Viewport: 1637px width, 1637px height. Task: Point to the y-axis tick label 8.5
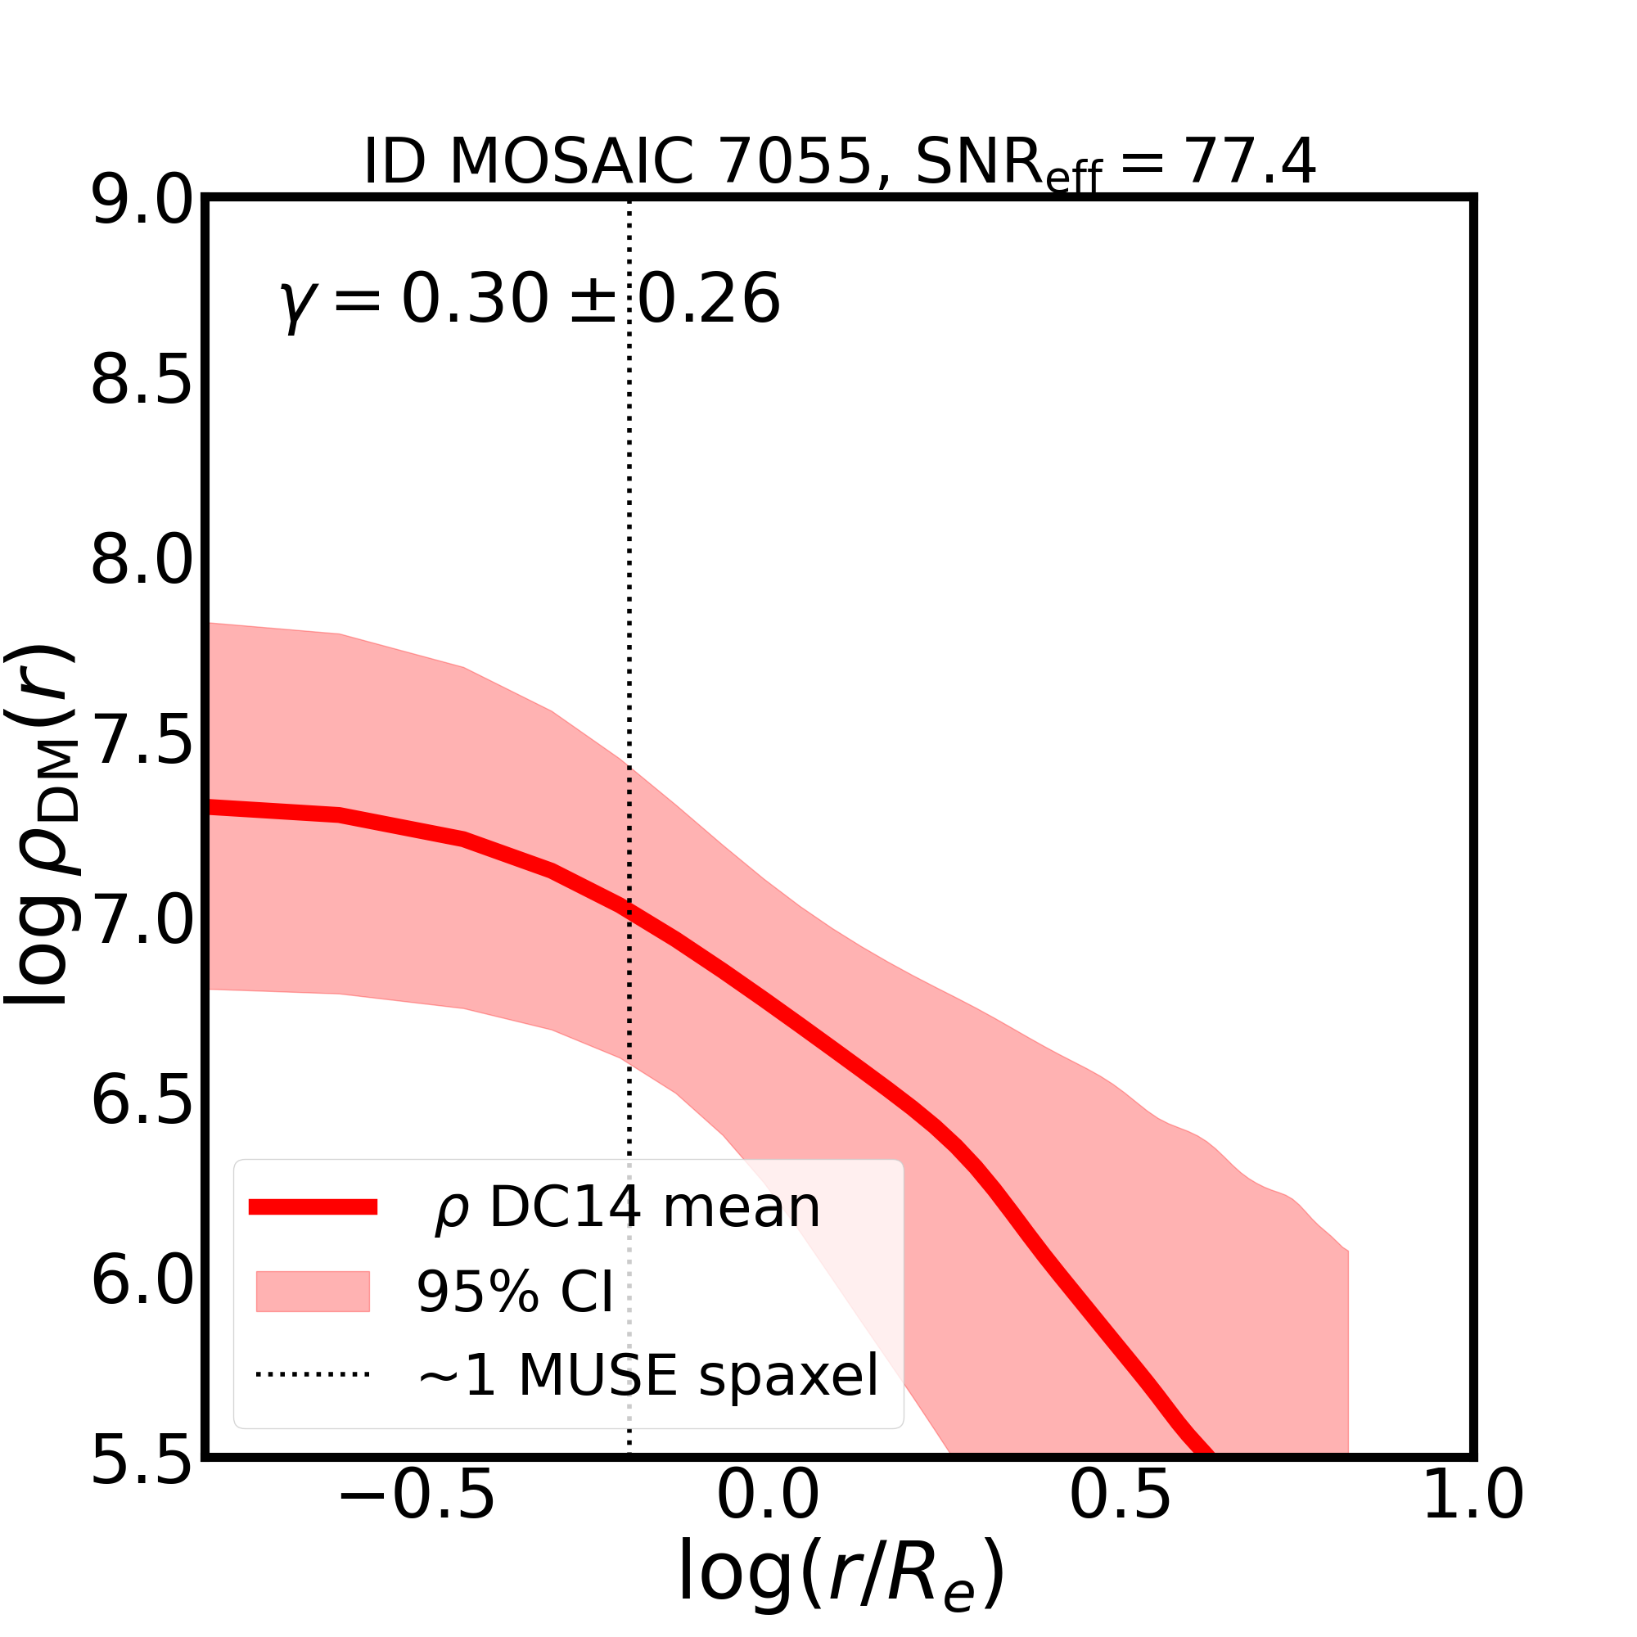pos(142,383)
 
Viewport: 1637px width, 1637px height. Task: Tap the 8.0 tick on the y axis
pos(142,562)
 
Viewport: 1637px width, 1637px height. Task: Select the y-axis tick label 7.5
pos(142,742)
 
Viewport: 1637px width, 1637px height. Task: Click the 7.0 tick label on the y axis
pos(142,922)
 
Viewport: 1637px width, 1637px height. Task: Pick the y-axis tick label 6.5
pos(142,1103)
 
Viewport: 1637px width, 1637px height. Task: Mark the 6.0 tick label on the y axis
pos(142,1282)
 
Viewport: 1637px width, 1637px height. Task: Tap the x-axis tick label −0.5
pos(416,1520)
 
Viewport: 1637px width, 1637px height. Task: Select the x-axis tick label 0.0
pos(768,1520)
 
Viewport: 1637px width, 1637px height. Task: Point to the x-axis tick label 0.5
pos(1121,1520)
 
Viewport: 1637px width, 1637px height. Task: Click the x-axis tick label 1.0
pos(1472,1520)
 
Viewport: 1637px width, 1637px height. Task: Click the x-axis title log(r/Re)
pos(841,1596)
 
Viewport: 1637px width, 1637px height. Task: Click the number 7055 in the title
pos(795,162)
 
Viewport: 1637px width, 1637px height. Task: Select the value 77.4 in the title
pos(1251,162)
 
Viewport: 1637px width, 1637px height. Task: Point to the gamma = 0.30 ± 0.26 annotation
pos(530,299)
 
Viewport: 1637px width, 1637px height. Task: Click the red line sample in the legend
pos(313,1207)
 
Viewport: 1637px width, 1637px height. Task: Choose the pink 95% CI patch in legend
pos(313,1292)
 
